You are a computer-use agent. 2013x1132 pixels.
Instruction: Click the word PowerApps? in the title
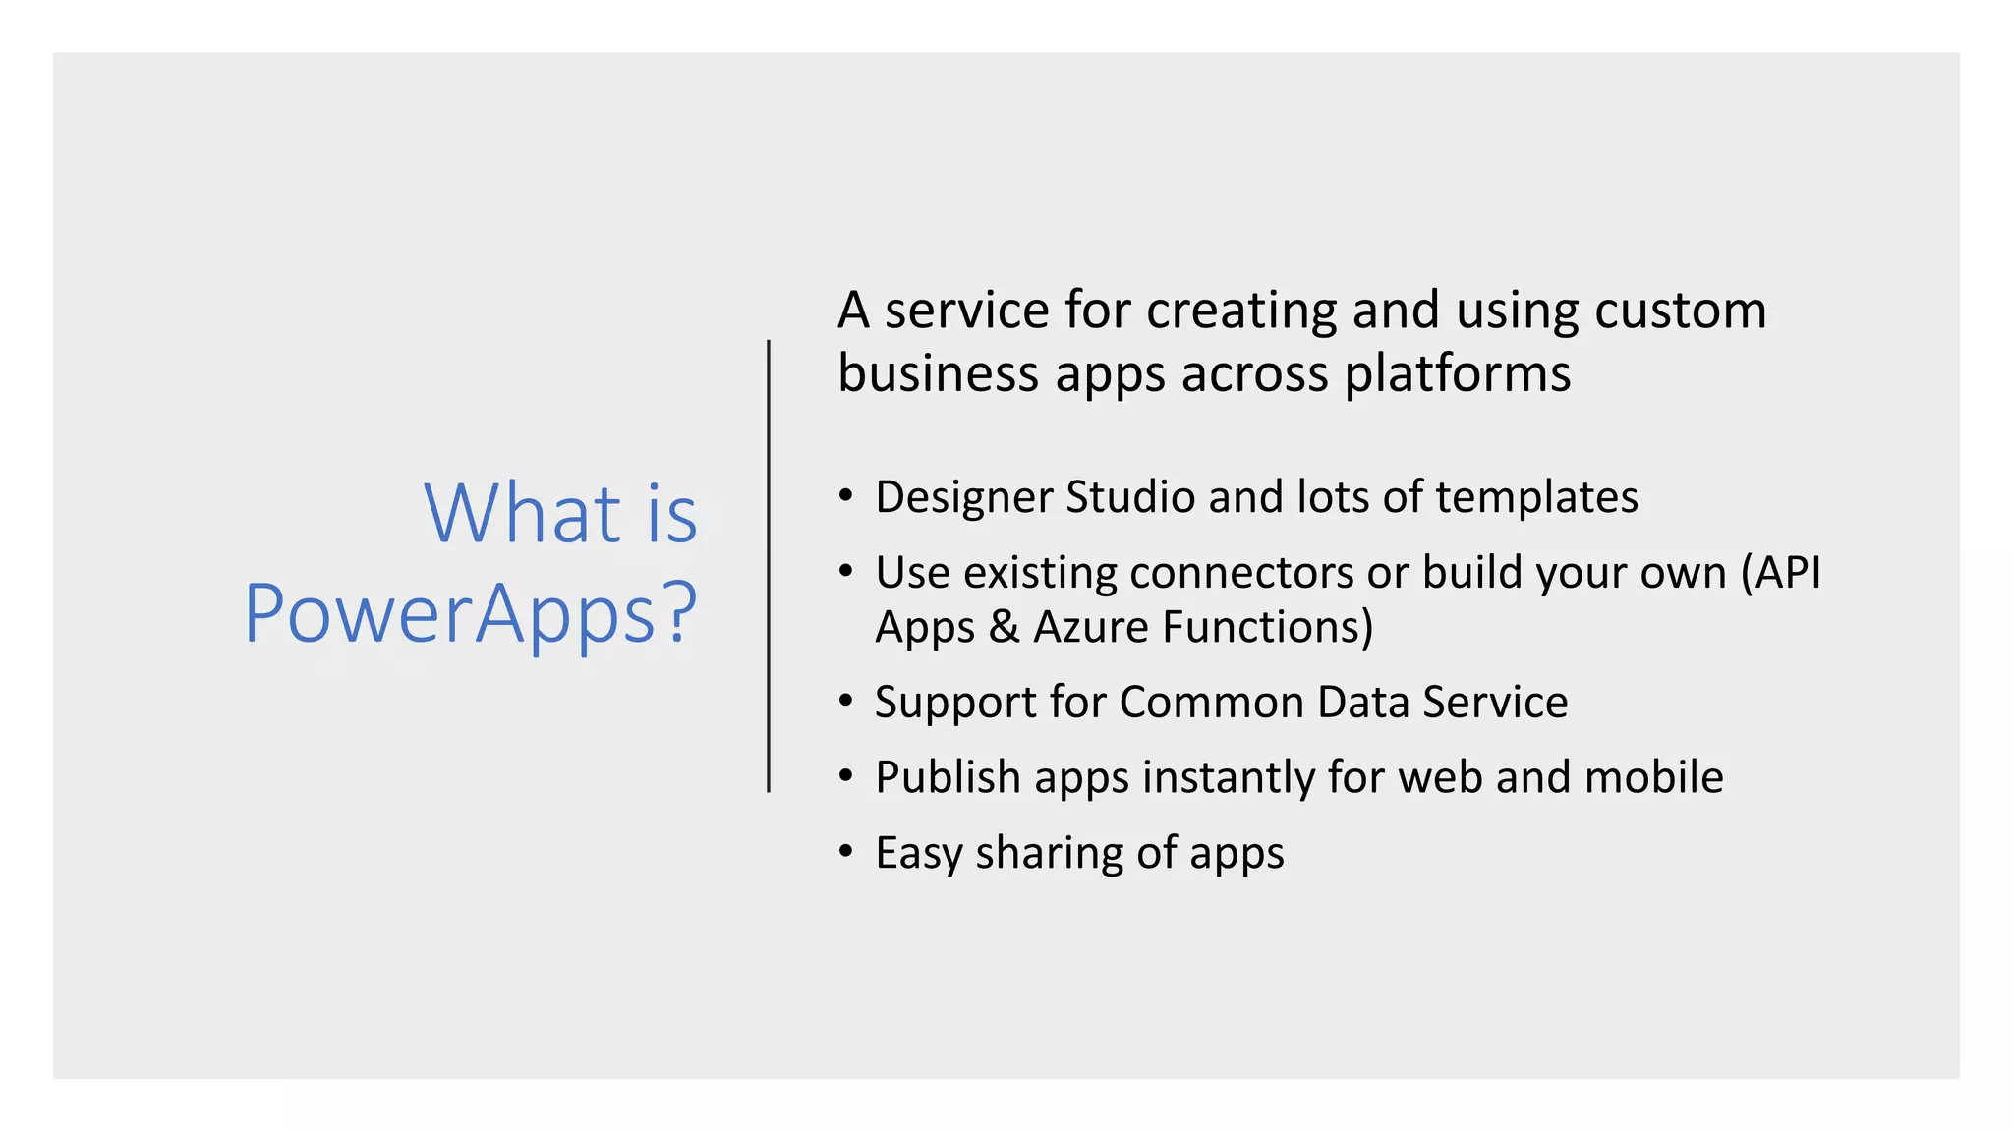[x=470, y=614]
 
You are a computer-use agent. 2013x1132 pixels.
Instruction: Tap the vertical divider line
[x=769, y=565]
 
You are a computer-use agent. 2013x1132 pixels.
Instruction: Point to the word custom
[x=1680, y=311]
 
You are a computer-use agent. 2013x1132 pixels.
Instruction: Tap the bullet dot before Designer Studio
[x=845, y=495]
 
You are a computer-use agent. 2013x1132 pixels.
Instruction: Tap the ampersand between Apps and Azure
[x=1004, y=627]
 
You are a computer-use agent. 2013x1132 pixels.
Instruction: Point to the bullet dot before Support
[x=845, y=701]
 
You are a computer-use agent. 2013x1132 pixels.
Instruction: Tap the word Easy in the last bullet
[x=918, y=853]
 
